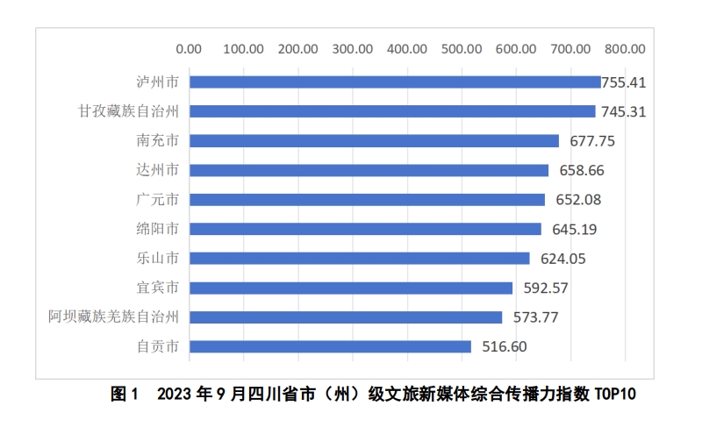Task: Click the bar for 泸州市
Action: [395, 82]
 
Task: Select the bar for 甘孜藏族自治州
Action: [392, 111]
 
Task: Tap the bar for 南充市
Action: [374, 140]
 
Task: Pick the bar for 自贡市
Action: [330, 346]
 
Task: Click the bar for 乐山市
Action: [359, 258]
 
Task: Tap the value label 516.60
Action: [505, 346]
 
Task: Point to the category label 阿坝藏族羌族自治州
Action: [114, 317]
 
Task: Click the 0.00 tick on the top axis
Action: [189, 49]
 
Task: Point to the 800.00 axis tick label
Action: [624, 49]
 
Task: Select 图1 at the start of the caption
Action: [125, 395]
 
